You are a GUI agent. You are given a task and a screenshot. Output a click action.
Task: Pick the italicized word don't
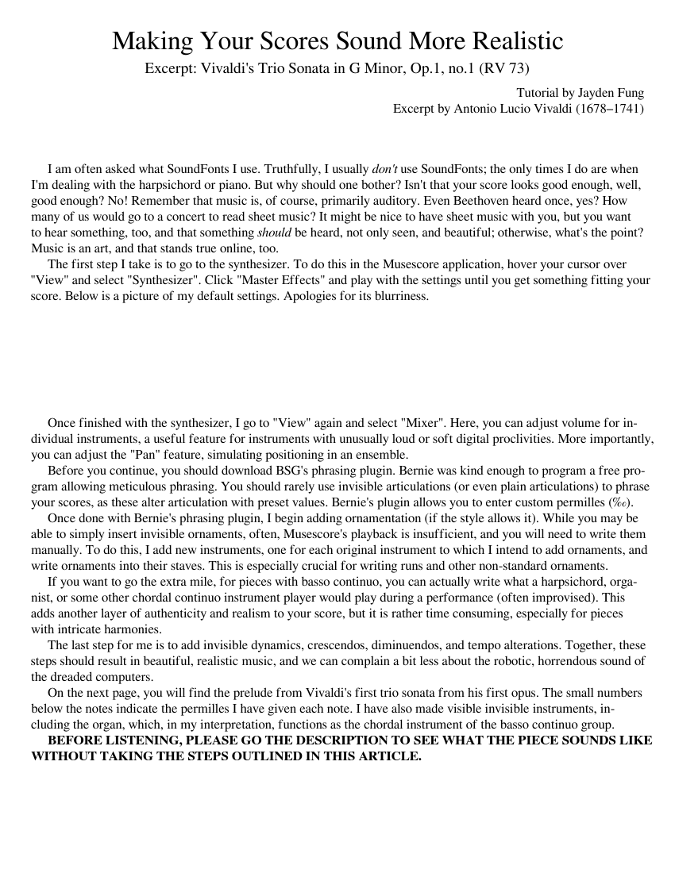click(x=384, y=169)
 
